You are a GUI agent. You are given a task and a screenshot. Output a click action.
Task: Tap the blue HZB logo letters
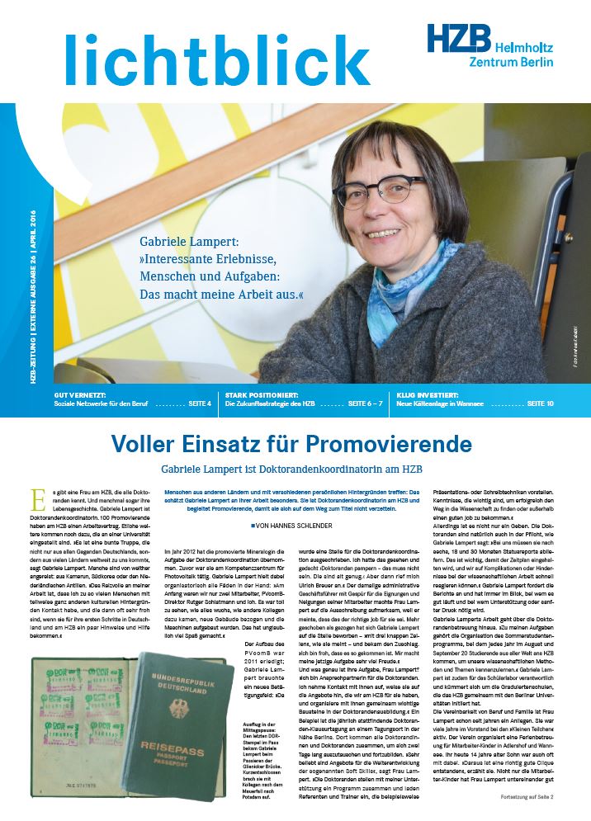(x=458, y=39)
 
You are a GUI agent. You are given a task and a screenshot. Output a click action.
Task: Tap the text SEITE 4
(x=197, y=403)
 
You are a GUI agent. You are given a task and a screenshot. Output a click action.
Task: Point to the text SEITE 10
(x=541, y=403)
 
